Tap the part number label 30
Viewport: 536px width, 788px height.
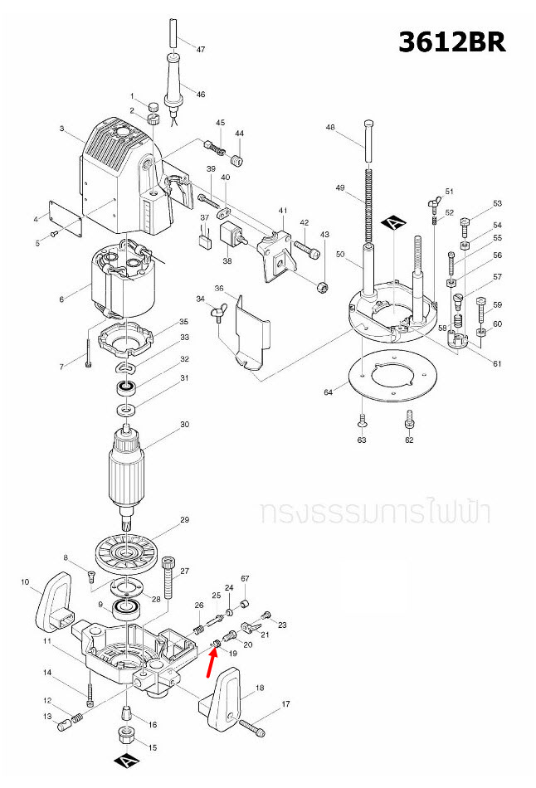[x=185, y=424]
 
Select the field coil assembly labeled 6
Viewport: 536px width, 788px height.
[x=123, y=282]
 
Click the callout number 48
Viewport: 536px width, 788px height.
[x=330, y=128]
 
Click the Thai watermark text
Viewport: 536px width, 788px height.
[x=374, y=511]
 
